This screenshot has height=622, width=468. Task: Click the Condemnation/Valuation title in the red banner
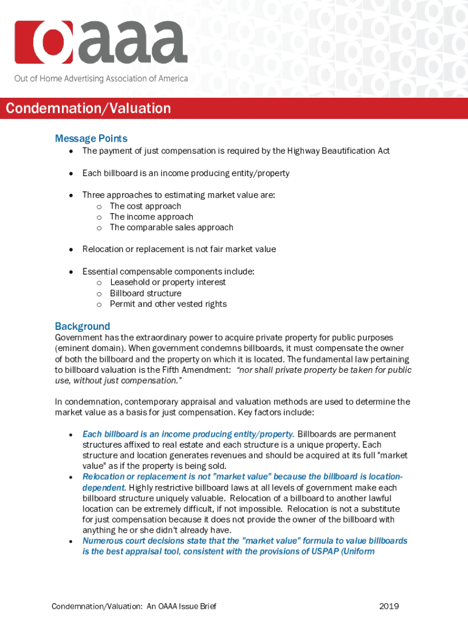pos(88,109)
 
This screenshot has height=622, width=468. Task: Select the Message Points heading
pos(91,138)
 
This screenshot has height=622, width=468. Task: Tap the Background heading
pos(83,326)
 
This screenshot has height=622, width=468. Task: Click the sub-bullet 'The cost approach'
pos(145,206)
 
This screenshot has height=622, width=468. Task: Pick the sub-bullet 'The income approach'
pos(151,217)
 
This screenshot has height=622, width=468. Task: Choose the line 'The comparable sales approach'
pos(171,227)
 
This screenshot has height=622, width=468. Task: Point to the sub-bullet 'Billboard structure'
pos(145,293)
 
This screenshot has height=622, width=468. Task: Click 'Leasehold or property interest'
pos(168,282)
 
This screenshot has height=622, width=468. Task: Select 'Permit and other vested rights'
pos(168,304)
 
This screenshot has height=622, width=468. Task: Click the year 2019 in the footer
pos(388,606)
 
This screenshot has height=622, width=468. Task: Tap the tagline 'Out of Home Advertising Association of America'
pos(102,78)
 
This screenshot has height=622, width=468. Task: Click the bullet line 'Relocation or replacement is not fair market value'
pos(179,249)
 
